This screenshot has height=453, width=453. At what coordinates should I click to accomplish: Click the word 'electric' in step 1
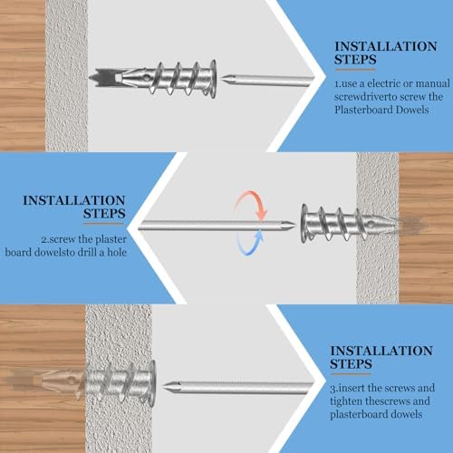tap(384, 83)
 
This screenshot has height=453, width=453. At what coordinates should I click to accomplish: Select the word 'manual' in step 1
tap(434, 83)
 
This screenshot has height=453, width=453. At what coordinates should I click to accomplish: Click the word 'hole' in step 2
tap(117, 252)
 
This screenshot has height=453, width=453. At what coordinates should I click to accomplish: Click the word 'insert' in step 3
tap(352, 388)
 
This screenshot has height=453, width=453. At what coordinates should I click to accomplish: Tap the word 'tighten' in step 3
tap(346, 401)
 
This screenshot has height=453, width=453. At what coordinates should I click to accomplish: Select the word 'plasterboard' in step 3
tap(357, 414)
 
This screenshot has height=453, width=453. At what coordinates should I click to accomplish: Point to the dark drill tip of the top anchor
tap(102, 78)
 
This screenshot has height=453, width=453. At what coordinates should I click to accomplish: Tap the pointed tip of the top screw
tap(223, 80)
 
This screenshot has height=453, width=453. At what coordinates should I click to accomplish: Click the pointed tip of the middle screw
tap(294, 225)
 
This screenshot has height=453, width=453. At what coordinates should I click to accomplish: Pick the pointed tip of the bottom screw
tap(164, 386)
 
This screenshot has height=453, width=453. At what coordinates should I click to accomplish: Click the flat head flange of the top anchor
tap(213, 79)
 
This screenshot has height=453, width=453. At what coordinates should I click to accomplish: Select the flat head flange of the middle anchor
tap(304, 224)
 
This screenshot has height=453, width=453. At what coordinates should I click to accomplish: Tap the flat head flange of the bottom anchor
tap(152, 383)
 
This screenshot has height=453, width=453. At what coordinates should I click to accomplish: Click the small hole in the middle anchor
tap(371, 225)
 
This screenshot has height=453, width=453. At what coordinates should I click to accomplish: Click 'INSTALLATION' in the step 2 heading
tap(74, 200)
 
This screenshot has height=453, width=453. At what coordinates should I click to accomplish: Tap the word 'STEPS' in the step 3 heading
tap(351, 364)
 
